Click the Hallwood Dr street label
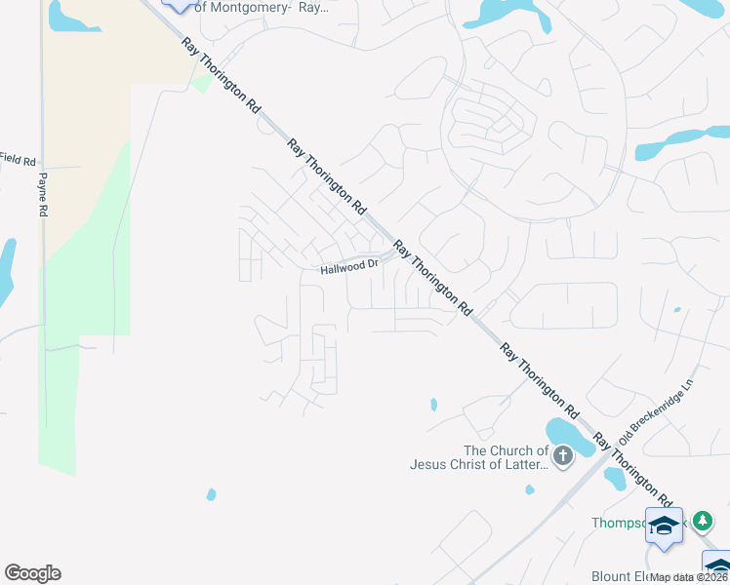349,266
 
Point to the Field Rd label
18,158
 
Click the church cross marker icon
562,455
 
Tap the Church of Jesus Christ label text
506,457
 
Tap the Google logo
32,573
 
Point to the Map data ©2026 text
689,577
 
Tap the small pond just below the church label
615,478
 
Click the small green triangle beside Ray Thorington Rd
201,85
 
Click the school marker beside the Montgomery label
178,3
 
